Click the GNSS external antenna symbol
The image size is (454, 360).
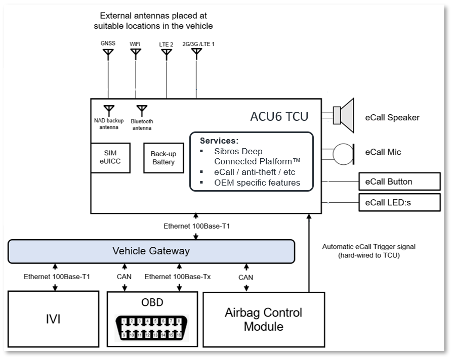pyautogui.click(x=108, y=54)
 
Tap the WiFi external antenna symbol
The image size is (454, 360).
pyautogui.click(x=136, y=54)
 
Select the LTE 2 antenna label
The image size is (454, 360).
pyautogui.click(x=167, y=44)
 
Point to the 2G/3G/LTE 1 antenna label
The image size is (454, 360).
pyautogui.click(x=198, y=44)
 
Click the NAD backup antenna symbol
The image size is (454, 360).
pyautogui.click(x=108, y=110)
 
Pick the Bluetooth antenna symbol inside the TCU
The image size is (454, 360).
pyautogui.click(x=142, y=110)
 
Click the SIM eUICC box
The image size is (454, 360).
pyautogui.click(x=110, y=158)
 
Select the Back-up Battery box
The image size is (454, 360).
pyautogui.click(x=162, y=158)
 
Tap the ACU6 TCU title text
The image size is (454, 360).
pyautogui.click(x=279, y=116)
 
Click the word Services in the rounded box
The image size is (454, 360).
pyautogui.click(x=219, y=140)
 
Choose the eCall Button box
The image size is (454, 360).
pyautogui.click(x=399, y=182)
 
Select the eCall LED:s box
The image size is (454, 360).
pyautogui.click(x=399, y=202)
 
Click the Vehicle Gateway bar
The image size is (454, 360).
pyautogui.click(x=151, y=251)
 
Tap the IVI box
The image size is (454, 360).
pyautogui.click(x=53, y=319)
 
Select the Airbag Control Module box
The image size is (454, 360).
pyautogui.click(x=263, y=319)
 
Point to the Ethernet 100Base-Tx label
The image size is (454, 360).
pyautogui.click(x=178, y=277)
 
